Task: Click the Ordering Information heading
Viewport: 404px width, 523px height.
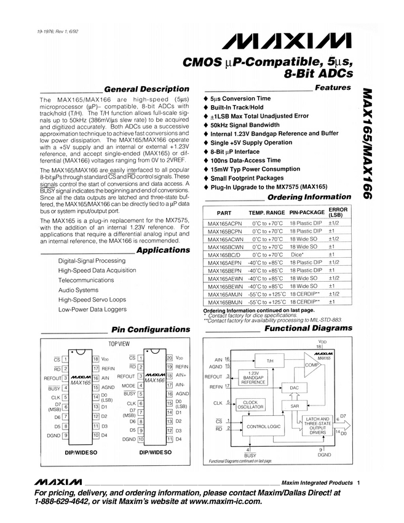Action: pyautogui.click(x=309, y=198)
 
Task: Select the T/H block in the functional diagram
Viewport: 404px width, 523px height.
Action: pyautogui.click(x=269, y=360)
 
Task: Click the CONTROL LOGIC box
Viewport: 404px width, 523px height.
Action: pyautogui.click(x=263, y=426)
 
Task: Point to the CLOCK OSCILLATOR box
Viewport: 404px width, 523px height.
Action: pyautogui.click(x=250, y=404)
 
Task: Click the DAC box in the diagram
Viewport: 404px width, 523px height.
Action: pyautogui.click(x=294, y=388)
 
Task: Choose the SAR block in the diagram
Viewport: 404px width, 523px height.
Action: pyautogui.click(x=294, y=406)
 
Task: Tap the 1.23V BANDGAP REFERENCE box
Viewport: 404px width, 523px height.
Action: pyautogui.click(x=253, y=378)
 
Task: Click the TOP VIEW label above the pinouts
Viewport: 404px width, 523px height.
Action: pyautogui.click(x=119, y=344)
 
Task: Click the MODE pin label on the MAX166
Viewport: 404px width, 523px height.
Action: pyautogui.click(x=129, y=385)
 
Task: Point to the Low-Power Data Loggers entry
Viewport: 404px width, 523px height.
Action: pyautogui.click(x=92, y=309)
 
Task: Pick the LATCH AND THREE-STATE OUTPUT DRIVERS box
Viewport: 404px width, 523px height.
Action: pyautogui.click(x=317, y=426)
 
